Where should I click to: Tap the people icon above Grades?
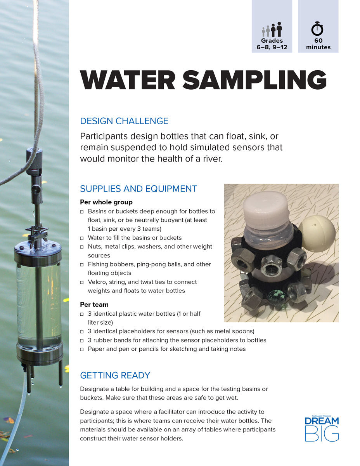pyautogui.click(x=272, y=29)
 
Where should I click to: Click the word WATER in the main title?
pyautogui.click(x=128, y=80)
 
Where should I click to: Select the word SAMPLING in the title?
pyautogui.click(x=254, y=80)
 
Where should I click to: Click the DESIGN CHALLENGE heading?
pyautogui.click(x=124, y=121)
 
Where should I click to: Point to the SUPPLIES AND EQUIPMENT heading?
pyautogui.click(x=138, y=189)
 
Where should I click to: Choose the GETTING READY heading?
pyautogui.click(x=115, y=375)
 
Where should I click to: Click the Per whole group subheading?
pyautogui.click(x=106, y=202)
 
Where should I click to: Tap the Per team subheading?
pyautogui.click(x=94, y=304)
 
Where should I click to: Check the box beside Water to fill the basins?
pyautogui.click(x=82, y=238)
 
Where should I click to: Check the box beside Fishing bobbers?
pyautogui.click(x=82, y=264)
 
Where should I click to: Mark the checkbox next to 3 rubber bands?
pyautogui.click(x=82, y=341)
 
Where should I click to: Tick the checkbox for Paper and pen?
pyautogui.click(x=82, y=349)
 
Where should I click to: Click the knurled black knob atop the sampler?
pyautogui.click(x=34, y=161)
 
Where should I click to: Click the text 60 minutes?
pyautogui.click(x=318, y=44)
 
